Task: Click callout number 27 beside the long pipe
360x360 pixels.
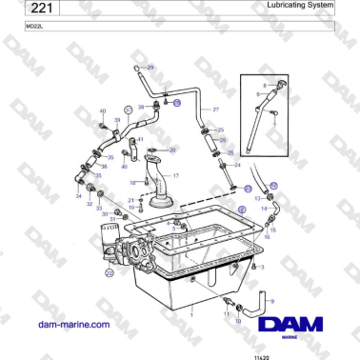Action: click(x=216, y=110)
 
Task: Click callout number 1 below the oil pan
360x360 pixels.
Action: click(x=190, y=312)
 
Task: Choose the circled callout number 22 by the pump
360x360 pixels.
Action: click(x=110, y=272)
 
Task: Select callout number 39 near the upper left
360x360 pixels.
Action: click(x=117, y=121)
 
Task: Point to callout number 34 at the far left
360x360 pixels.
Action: click(x=79, y=196)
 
